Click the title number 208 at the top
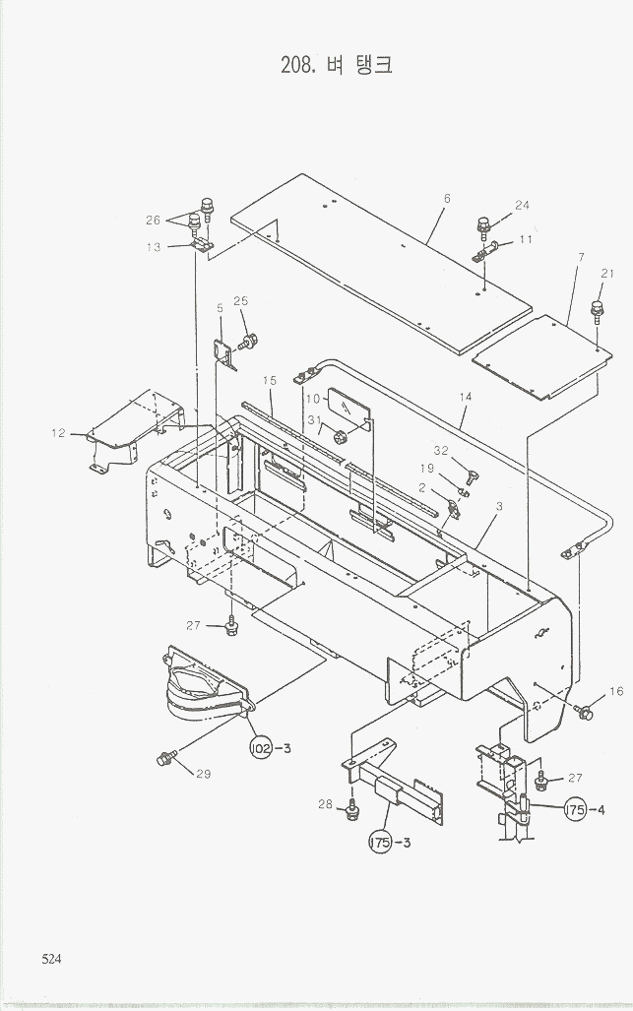298,66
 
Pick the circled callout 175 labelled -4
576,809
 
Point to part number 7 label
582,257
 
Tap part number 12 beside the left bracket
59,432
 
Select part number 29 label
203,774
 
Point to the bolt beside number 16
585,711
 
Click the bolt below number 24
484,227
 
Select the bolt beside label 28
351,811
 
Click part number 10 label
312,400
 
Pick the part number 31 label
314,420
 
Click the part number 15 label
270,380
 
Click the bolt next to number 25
248,342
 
